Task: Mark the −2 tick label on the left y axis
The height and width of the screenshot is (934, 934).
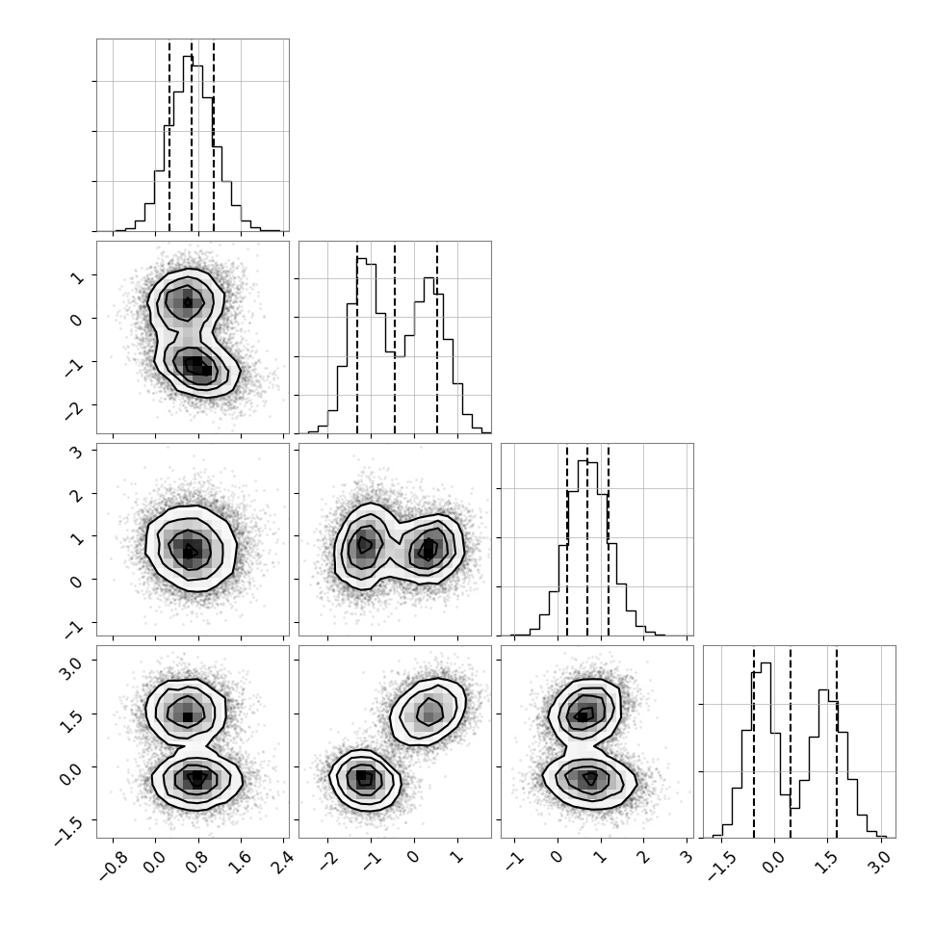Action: click(74, 410)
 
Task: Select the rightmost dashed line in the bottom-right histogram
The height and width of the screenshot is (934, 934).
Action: click(837, 741)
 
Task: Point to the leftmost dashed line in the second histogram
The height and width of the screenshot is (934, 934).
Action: click(357, 337)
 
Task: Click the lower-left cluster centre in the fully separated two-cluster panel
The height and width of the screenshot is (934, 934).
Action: click(363, 778)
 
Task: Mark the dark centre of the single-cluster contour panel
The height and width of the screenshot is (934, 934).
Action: click(189, 551)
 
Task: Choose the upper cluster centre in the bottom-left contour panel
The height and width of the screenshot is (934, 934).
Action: click(188, 716)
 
